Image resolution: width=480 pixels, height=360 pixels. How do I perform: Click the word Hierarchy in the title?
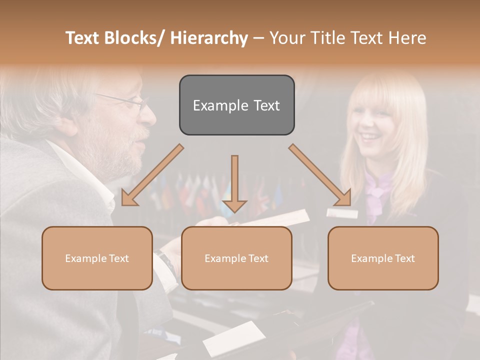pyautogui.click(x=209, y=38)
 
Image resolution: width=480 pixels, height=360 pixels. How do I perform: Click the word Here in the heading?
pyautogui.click(x=406, y=38)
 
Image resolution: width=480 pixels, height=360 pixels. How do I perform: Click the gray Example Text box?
pyautogui.click(x=236, y=105)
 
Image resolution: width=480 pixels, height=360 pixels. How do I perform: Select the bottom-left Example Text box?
pyautogui.click(x=97, y=258)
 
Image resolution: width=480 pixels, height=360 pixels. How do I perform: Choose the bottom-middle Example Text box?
pyautogui.click(x=236, y=258)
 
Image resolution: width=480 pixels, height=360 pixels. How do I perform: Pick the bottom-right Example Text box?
pyautogui.click(x=383, y=258)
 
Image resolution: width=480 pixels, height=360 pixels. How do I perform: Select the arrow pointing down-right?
pyautogui.click(x=320, y=175)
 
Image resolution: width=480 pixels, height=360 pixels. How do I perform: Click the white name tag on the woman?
pyautogui.click(x=342, y=213)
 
